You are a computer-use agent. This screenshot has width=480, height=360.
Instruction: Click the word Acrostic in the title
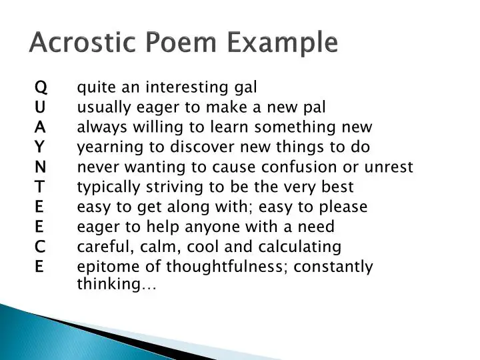(83, 42)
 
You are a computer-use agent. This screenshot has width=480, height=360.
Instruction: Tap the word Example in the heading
(282, 43)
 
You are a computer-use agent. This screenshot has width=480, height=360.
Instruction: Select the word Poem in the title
(181, 42)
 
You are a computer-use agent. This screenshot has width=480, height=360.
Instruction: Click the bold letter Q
(41, 87)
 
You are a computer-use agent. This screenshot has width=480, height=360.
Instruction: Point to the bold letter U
(40, 107)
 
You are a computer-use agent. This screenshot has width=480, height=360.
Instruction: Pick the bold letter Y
(39, 147)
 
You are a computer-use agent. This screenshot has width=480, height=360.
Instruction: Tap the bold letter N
(41, 167)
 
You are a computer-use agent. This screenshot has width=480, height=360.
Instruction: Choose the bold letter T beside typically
(39, 187)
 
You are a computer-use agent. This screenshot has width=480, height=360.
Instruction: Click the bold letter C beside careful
(40, 247)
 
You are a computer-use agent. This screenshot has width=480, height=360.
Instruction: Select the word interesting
(187, 87)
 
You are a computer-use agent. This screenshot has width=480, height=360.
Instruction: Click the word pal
(315, 108)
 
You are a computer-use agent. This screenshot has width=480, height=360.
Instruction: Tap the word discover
(203, 147)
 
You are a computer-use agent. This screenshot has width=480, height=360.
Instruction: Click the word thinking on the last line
(109, 284)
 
